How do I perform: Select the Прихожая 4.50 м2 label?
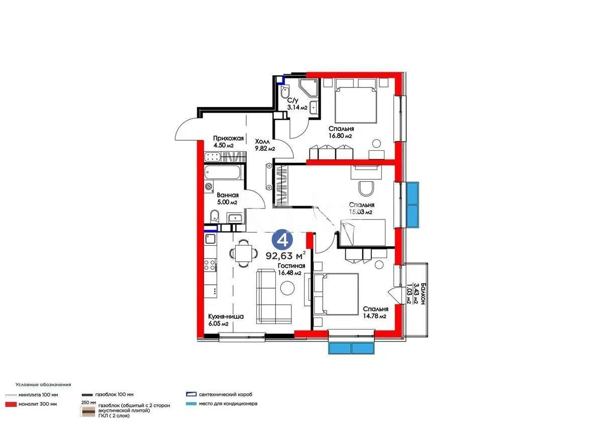click(228, 142)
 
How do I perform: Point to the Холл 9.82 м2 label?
click(264, 145)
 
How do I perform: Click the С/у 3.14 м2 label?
click(296, 103)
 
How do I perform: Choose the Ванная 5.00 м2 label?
click(227, 198)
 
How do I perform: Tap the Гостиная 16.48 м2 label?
click(290, 269)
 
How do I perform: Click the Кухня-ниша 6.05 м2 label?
click(226, 320)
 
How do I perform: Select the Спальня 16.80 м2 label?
click(341, 132)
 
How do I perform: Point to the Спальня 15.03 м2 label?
click(361, 208)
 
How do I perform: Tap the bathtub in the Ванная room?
click(224, 174)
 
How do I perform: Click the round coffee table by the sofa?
click(288, 288)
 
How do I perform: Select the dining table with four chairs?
click(243, 253)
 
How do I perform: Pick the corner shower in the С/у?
click(307, 88)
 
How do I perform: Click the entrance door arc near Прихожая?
click(185, 127)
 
